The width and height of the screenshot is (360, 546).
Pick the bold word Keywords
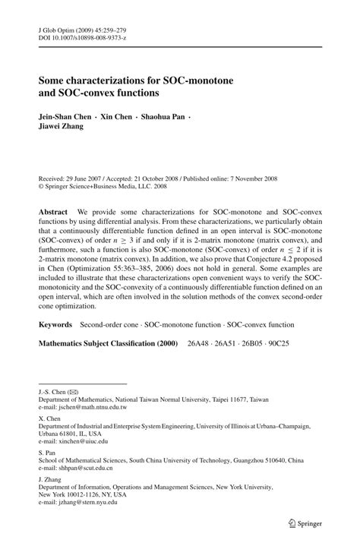tap(55, 324)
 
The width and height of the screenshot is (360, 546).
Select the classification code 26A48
tap(196, 343)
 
